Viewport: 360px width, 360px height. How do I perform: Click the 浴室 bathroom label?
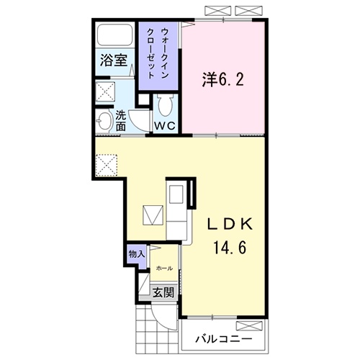tap(114, 61)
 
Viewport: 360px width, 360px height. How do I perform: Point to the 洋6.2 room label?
tap(222, 78)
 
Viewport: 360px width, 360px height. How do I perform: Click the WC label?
tap(166, 125)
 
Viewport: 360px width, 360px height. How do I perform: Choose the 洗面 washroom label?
tap(121, 120)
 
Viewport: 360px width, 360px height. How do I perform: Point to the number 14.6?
tap(230, 248)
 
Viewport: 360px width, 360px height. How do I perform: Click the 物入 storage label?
tap(137, 253)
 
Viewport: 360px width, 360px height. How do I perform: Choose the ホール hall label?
tap(164, 268)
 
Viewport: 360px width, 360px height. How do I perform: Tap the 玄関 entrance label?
tap(163, 292)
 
